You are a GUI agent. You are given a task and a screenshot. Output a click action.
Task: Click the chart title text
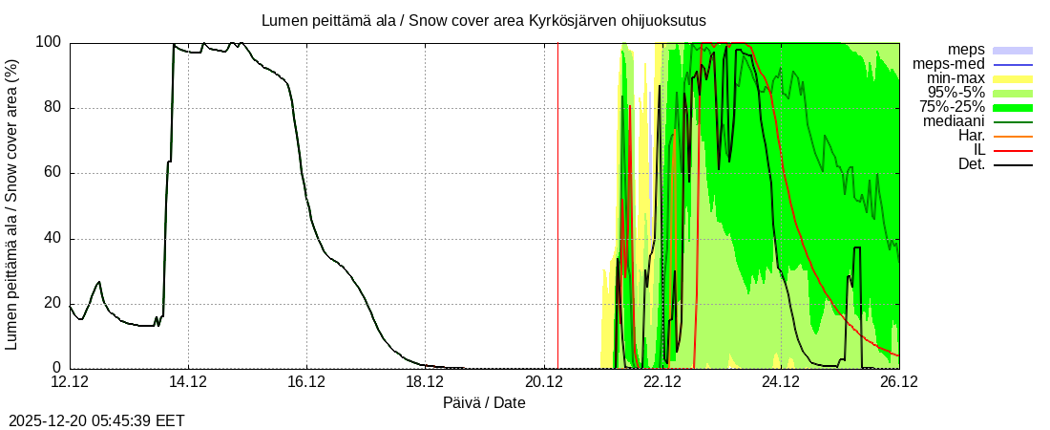tap(484, 20)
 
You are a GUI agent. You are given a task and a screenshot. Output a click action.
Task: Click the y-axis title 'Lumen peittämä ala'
tap(11, 204)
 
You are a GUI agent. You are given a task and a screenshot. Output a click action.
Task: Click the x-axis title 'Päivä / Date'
tap(484, 402)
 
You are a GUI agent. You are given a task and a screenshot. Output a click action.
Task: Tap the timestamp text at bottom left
tap(96, 420)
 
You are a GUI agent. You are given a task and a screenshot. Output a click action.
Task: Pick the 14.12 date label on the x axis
tap(188, 382)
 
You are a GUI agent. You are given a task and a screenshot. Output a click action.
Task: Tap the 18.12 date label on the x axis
tap(425, 382)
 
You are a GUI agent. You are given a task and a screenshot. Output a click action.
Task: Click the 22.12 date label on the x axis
tap(661, 382)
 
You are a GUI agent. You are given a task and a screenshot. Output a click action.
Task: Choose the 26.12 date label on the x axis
tap(898, 382)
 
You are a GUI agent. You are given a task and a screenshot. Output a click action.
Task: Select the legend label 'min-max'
tap(955, 78)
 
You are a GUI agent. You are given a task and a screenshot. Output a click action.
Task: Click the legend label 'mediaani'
tap(954, 121)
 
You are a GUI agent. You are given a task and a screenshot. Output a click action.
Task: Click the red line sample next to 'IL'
tap(1013, 150)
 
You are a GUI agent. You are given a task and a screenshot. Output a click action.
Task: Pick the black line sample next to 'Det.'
tap(1013, 164)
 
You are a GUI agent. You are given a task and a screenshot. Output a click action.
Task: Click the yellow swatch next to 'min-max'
tap(1013, 78)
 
